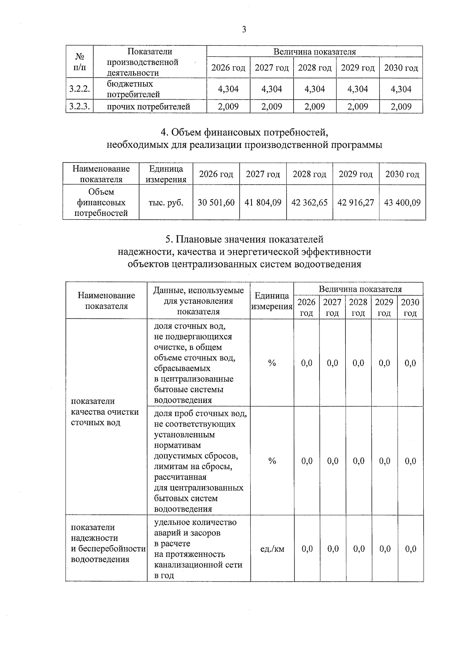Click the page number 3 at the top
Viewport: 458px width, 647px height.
click(244, 29)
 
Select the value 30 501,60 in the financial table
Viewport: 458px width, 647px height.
click(216, 202)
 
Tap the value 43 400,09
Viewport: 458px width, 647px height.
click(402, 202)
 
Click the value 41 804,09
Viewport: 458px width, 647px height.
click(263, 202)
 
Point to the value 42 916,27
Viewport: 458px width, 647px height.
click(356, 202)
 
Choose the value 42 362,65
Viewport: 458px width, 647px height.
click(310, 202)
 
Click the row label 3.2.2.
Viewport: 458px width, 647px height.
click(79, 89)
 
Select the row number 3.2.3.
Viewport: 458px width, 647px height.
click(79, 107)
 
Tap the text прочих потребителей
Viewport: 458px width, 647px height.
click(148, 107)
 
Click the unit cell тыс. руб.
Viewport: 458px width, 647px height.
click(166, 202)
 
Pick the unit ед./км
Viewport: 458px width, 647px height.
click(272, 549)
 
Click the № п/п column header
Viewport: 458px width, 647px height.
click(79, 62)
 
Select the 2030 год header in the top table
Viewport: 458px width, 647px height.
click(401, 68)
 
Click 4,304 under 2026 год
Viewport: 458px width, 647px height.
click(228, 89)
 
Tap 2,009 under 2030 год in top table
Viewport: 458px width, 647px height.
click(401, 107)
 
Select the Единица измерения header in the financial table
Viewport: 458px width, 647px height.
click(166, 174)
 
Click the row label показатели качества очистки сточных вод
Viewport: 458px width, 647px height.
click(105, 412)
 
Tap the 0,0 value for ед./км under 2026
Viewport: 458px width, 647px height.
click(307, 549)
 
